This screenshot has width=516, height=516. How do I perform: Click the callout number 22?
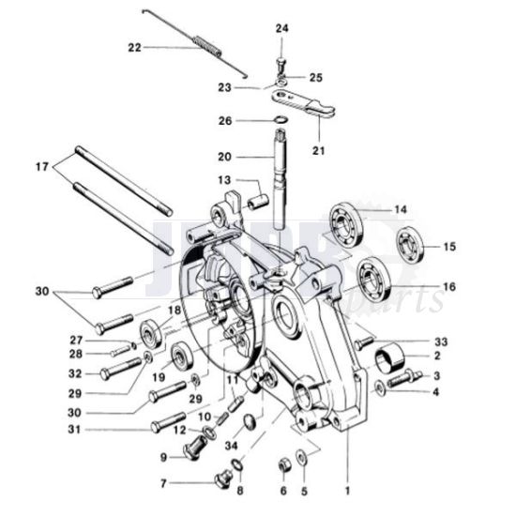point(133,47)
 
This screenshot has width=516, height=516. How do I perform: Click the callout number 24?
point(281,30)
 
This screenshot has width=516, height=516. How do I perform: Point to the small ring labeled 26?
point(281,120)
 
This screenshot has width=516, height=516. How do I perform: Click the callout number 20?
point(223,156)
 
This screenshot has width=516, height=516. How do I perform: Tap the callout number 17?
point(41,167)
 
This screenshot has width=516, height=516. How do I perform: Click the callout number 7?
point(163,484)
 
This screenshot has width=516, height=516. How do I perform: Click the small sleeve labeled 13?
point(254,201)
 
